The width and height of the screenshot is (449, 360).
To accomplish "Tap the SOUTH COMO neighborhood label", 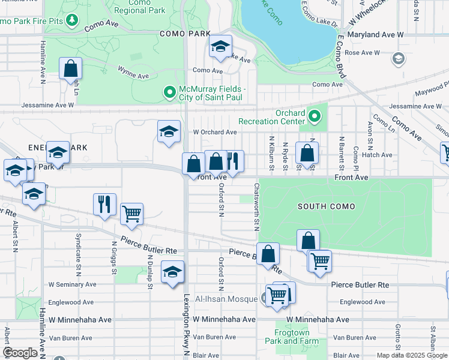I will click(326, 206).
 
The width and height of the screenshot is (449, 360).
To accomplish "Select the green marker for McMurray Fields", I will click(169, 92).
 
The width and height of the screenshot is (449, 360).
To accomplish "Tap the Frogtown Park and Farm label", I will click(291, 337).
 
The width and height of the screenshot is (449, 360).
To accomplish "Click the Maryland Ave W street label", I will click(375, 35).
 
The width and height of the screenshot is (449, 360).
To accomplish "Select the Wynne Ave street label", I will click(133, 76).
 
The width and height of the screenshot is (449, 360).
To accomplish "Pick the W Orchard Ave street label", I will click(214, 132).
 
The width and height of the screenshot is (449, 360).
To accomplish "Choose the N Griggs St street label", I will click(113, 257).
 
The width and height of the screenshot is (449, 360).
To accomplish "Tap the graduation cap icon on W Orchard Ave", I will click(169, 131).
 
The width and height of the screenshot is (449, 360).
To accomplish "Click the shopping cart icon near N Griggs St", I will click(131, 213).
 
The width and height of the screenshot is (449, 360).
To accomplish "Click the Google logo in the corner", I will click(20, 353).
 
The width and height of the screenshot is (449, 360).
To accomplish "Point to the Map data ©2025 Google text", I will click(411, 355).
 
